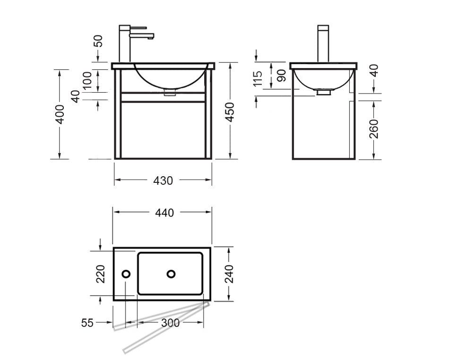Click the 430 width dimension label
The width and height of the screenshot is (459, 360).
click(x=163, y=180)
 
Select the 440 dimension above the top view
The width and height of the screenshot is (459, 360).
click(x=164, y=213)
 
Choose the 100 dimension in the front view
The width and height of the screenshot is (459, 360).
click(x=87, y=81)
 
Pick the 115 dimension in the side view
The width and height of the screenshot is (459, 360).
click(x=258, y=79)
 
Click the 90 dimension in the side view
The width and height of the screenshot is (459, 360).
click(x=281, y=76)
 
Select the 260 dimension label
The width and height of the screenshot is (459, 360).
click(x=373, y=129)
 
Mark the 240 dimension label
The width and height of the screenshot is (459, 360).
click(x=229, y=274)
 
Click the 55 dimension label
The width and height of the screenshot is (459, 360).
click(x=87, y=323)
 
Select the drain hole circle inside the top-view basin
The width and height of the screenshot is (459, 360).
click(x=171, y=274)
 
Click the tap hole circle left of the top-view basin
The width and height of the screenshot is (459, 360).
click(x=126, y=274)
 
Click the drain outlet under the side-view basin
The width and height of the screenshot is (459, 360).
click(x=323, y=93)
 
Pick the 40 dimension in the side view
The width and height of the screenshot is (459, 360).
click(x=373, y=71)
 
